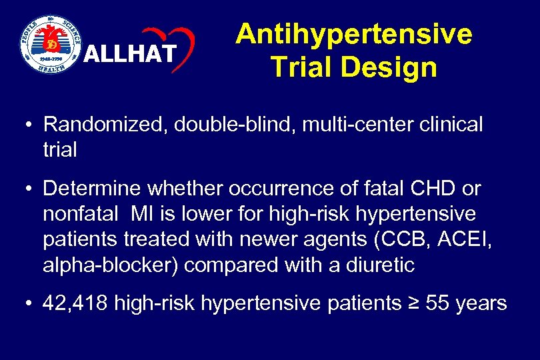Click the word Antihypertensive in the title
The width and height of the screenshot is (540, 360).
coord(353,34)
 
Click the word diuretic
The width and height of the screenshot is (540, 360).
coord(380,265)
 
